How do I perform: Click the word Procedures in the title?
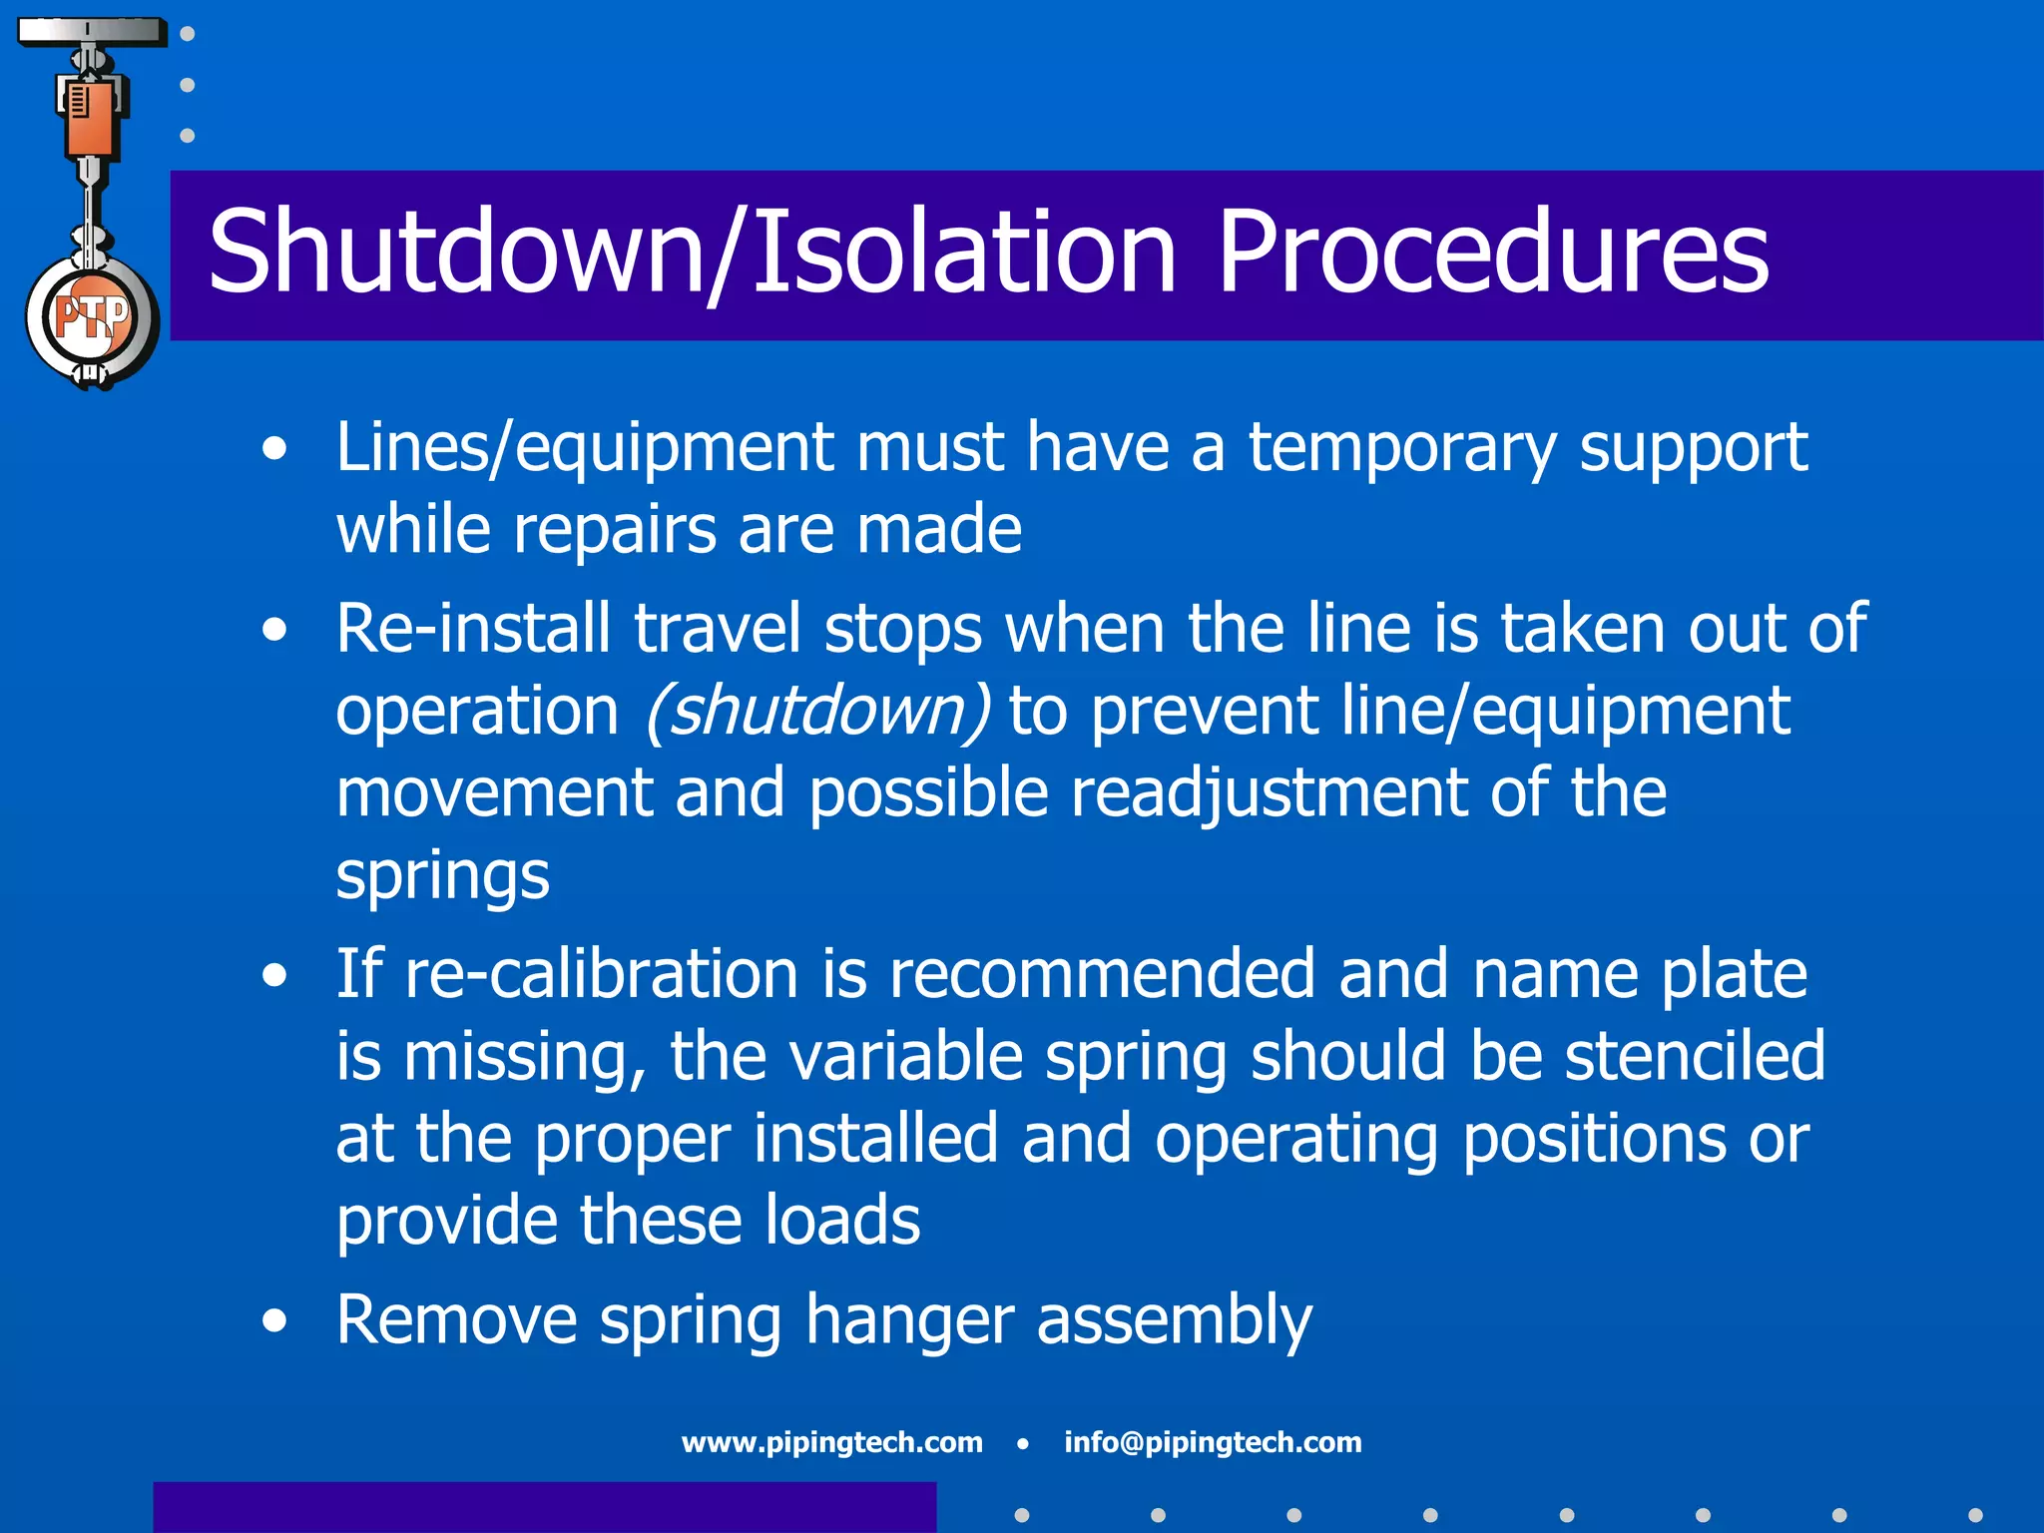pyautogui.click(x=1492, y=254)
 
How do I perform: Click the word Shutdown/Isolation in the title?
pyautogui.click(x=693, y=254)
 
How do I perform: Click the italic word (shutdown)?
pyautogui.click(x=817, y=712)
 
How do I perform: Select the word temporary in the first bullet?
pyautogui.click(x=1401, y=449)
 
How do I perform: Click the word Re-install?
pyautogui.click(x=473, y=629)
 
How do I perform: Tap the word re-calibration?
pyautogui.click(x=601, y=974)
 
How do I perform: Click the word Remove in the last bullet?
pyautogui.click(x=456, y=1319)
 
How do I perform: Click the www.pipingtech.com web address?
pyautogui.click(x=831, y=1442)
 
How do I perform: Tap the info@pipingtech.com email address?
pyautogui.click(x=1213, y=1442)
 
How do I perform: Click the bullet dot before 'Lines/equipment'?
pyautogui.click(x=274, y=450)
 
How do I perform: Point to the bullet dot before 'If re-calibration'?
pyautogui.click(x=274, y=976)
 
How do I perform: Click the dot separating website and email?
pyautogui.click(x=1023, y=1443)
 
